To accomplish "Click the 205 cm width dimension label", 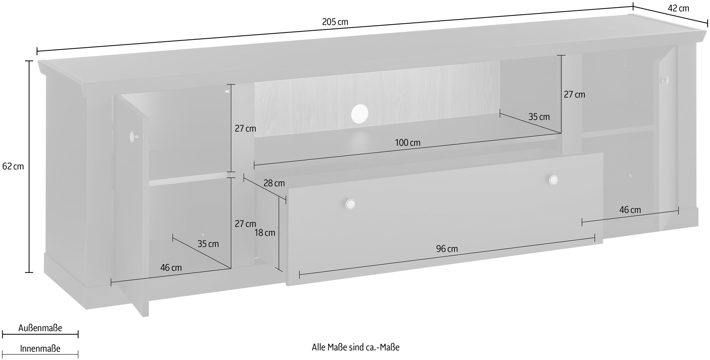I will (x=335, y=22).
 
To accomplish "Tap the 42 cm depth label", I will (x=678, y=8).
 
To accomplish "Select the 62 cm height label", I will (x=13, y=167).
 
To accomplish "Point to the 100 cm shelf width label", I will (x=408, y=143).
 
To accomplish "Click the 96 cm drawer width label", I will (x=447, y=249).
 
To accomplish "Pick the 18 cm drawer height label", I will (x=265, y=233).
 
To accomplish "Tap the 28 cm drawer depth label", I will (x=274, y=183).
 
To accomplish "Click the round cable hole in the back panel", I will (x=360, y=113).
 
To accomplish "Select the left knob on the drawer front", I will (x=350, y=204).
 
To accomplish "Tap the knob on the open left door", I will (x=132, y=136).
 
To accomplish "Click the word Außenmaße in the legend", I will (x=40, y=328).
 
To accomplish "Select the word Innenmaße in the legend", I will (x=40, y=349).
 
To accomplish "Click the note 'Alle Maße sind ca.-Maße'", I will (x=355, y=347).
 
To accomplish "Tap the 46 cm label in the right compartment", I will (x=630, y=210).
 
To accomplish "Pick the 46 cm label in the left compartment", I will (x=171, y=268).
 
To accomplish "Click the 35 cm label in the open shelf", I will (x=539, y=117).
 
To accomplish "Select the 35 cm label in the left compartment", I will (x=208, y=244).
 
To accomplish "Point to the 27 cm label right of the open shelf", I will (x=574, y=95).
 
